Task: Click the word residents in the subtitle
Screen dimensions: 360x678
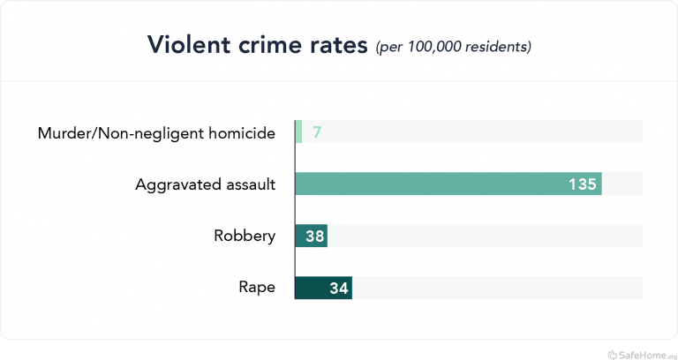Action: pos(496,46)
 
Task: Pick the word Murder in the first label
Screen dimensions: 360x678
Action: pos(64,133)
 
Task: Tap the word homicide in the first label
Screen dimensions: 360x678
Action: pos(243,133)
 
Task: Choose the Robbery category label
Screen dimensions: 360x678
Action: pos(245,236)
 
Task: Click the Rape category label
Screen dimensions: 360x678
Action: pos(257,287)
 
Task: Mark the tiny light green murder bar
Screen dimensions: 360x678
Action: pos(298,132)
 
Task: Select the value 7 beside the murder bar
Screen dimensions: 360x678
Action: pos(316,133)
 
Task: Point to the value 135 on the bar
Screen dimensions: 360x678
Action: pos(583,184)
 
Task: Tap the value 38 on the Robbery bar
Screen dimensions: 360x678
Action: pos(313,236)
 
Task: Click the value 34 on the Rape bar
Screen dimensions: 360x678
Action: pos(338,287)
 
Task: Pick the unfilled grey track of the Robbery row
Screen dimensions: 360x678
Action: pos(486,236)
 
